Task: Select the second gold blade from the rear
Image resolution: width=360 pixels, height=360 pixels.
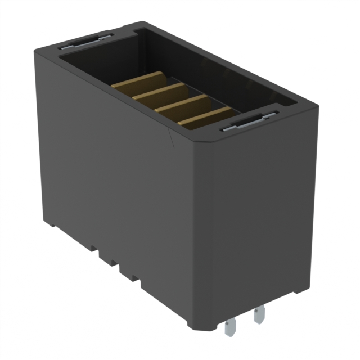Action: point(160,91)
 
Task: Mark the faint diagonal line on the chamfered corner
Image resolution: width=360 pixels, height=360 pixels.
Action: point(171,138)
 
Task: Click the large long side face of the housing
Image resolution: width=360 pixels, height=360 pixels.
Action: point(112,169)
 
